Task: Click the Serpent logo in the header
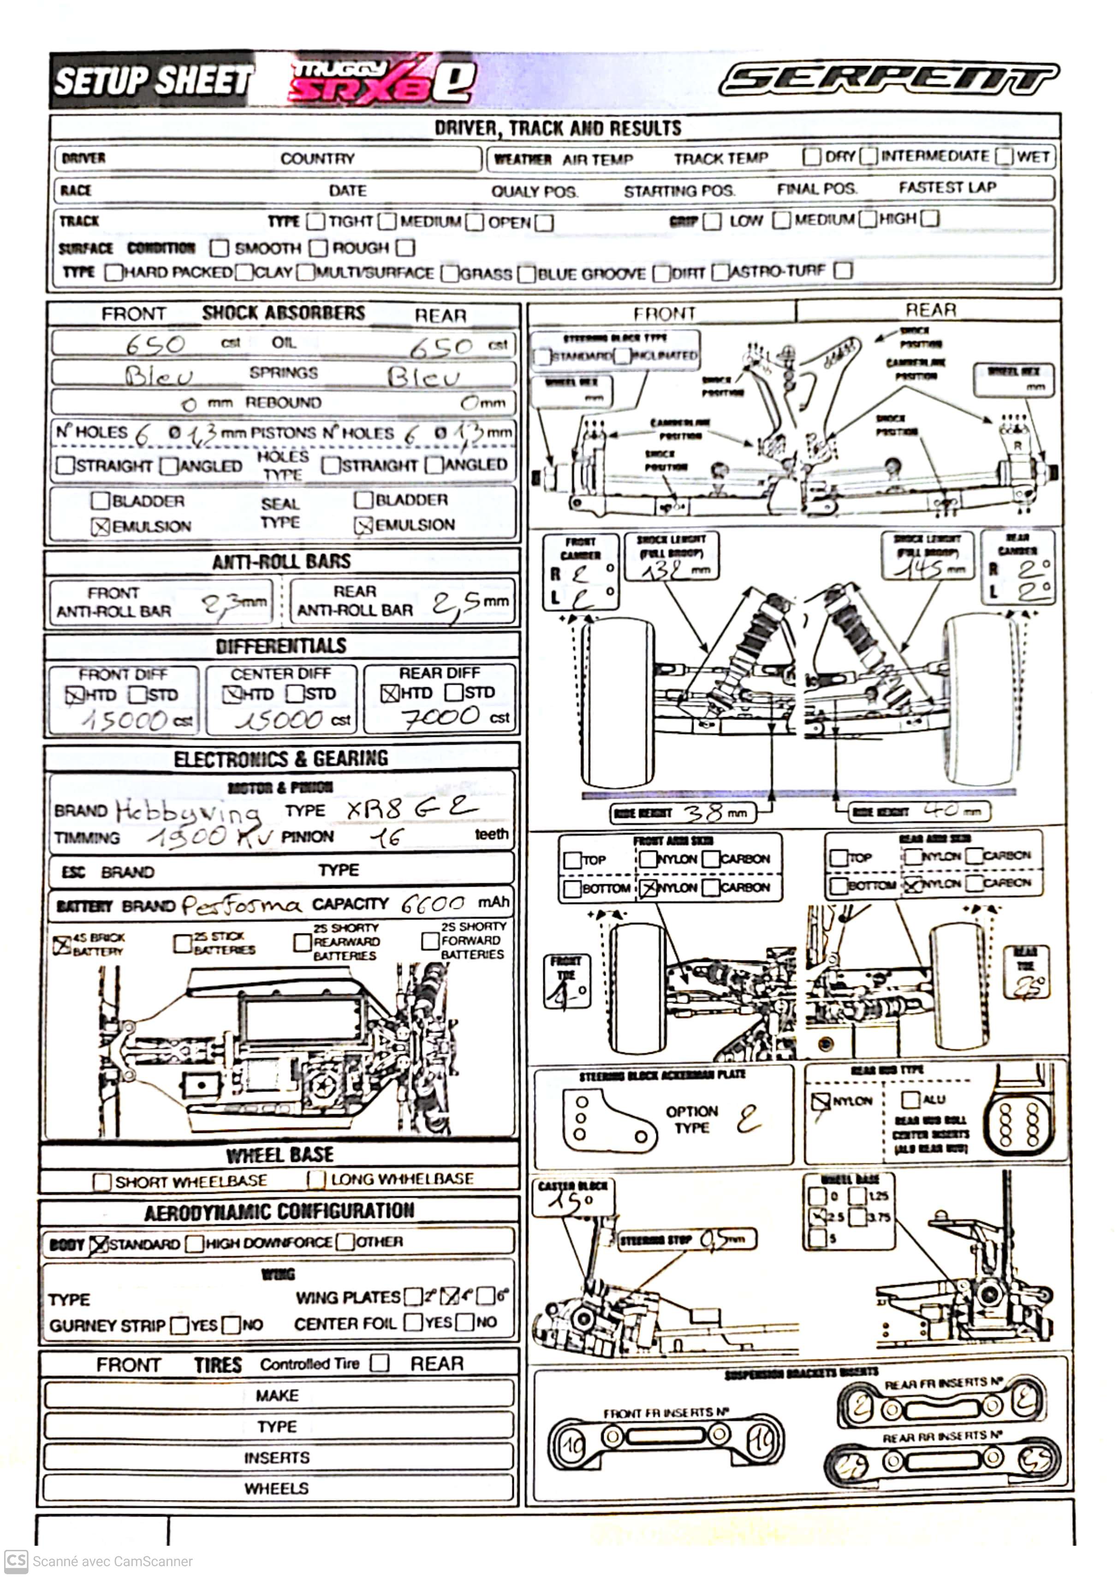coord(888,79)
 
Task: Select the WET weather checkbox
coord(1005,156)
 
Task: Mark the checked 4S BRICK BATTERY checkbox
coord(62,944)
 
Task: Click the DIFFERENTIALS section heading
coord(281,646)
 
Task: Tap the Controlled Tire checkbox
coord(379,1363)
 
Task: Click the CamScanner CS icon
coord(16,1561)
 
